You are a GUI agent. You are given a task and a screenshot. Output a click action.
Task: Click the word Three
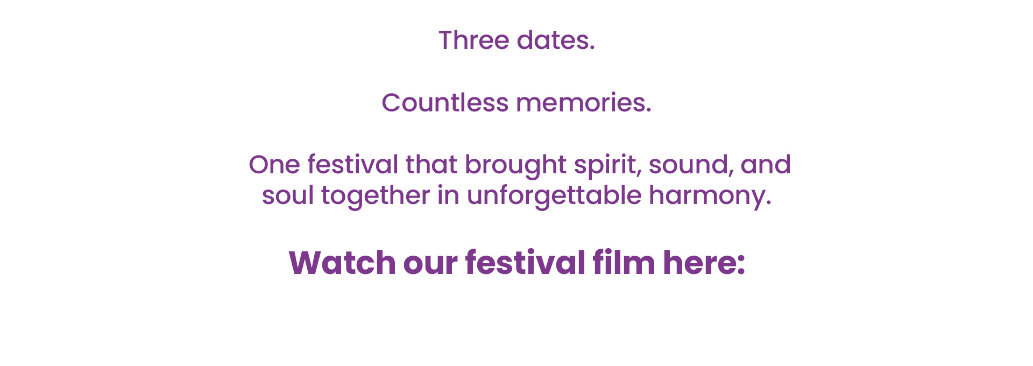tap(473, 40)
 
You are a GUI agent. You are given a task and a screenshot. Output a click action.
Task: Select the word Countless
tap(445, 102)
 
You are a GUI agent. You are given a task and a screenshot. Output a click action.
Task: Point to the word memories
tap(584, 102)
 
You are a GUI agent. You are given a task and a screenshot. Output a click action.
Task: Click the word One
tap(274, 165)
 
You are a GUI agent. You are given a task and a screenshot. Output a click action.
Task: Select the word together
tap(376, 197)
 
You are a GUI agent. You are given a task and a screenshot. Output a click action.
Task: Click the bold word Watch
tap(342, 263)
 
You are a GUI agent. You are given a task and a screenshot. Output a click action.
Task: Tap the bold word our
tap(430, 265)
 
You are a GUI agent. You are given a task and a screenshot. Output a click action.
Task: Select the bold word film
tap(624, 263)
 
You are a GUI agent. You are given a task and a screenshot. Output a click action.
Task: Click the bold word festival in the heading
tap(525, 263)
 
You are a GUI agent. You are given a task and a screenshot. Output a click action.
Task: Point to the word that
tap(431, 165)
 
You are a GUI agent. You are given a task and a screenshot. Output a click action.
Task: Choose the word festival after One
tap(353, 165)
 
